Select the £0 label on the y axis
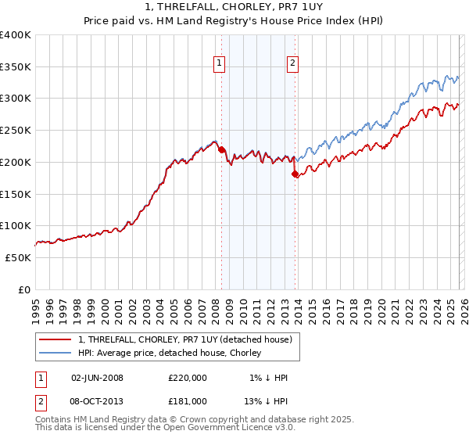click(x=23, y=289)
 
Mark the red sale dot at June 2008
click(x=221, y=149)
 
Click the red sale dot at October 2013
click(x=295, y=174)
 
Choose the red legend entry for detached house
click(x=184, y=339)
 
